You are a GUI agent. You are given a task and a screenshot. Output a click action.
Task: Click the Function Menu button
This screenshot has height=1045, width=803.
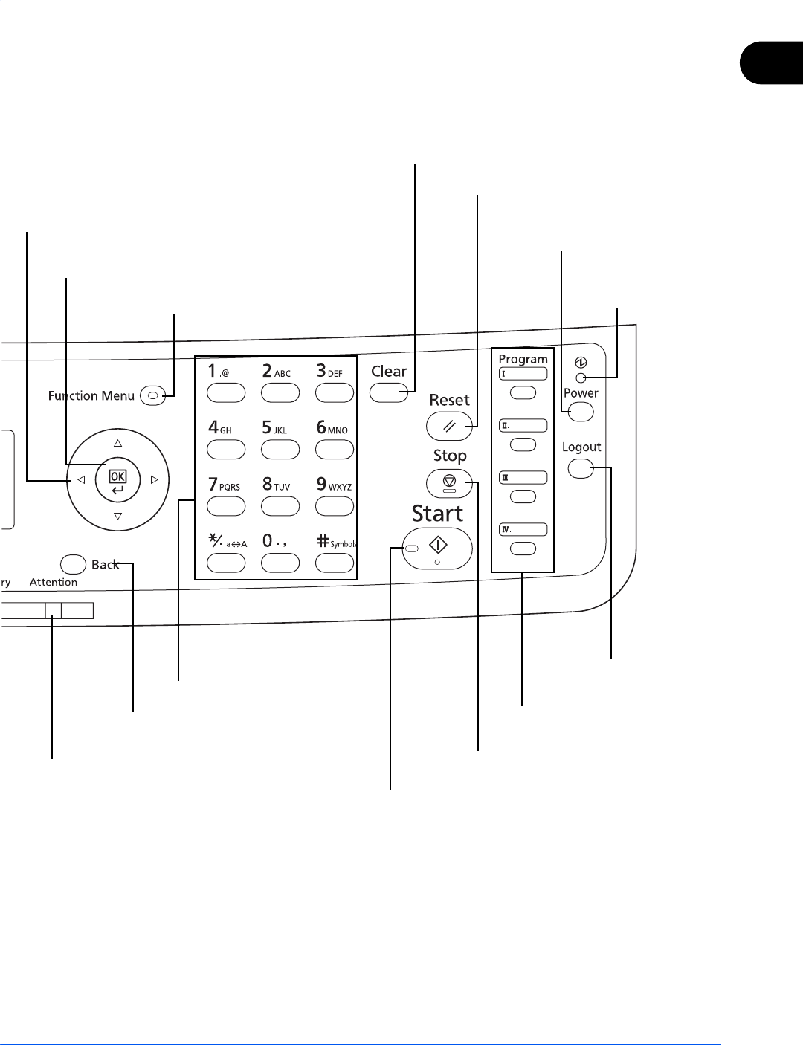[152, 396]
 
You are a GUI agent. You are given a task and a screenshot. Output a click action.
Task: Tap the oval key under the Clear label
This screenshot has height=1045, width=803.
[389, 392]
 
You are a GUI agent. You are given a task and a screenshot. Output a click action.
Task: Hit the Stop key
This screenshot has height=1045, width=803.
[450, 483]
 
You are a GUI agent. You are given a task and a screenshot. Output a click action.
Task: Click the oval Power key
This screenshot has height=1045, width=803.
[581, 411]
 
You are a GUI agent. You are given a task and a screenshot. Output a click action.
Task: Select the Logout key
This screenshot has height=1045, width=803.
[581, 469]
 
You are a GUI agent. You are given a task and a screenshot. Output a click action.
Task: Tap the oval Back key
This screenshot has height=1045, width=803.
[73, 564]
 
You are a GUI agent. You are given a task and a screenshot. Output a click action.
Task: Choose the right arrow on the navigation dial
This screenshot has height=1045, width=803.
[155, 480]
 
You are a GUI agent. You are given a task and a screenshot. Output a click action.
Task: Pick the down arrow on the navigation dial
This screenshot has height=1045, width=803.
[117, 517]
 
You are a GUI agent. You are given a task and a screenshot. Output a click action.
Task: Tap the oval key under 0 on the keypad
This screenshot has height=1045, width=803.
[280, 563]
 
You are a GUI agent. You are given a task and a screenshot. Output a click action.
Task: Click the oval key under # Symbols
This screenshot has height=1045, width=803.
[335, 563]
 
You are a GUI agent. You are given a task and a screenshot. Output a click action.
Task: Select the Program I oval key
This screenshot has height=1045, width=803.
[523, 392]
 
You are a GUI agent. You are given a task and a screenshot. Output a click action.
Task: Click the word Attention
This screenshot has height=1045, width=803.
[54, 583]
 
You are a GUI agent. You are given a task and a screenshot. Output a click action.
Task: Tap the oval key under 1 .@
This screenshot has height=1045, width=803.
[226, 392]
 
